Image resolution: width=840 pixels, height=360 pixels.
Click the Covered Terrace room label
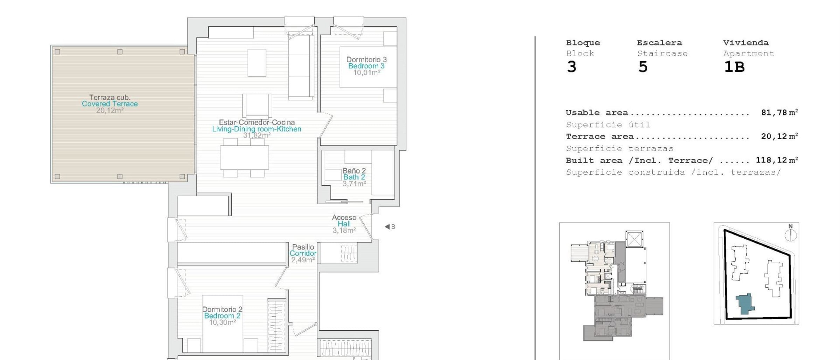pos(110,104)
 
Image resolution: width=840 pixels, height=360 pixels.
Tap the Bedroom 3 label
pos(366,66)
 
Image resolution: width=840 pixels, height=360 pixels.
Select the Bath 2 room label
pos(354,177)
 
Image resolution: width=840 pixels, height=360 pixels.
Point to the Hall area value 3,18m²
pos(344,231)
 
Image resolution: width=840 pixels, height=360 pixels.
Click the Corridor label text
pos(303,253)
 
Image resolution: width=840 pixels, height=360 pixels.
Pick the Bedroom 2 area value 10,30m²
pos(222,323)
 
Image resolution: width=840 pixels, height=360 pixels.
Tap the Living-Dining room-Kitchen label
pos(257,129)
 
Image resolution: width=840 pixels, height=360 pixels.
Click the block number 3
pos(572,67)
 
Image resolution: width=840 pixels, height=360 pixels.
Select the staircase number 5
pos(643,67)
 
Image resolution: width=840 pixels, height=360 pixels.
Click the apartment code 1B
pos(734,67)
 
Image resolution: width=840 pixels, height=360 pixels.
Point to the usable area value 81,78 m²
pos(779,112)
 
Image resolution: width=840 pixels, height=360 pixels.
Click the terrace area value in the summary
pos(779,136)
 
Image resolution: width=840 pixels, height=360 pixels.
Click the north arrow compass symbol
pos(791,233)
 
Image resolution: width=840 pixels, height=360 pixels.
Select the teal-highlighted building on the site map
pos(745,303)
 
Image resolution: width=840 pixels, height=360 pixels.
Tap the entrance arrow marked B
pos(390,227)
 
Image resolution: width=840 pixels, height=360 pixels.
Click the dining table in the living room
pos(244,158)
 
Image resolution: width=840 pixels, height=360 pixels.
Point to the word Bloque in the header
pos(583,43)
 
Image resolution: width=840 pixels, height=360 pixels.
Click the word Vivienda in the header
pos(746,43)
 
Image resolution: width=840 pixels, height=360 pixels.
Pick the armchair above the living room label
pos(257,106)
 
